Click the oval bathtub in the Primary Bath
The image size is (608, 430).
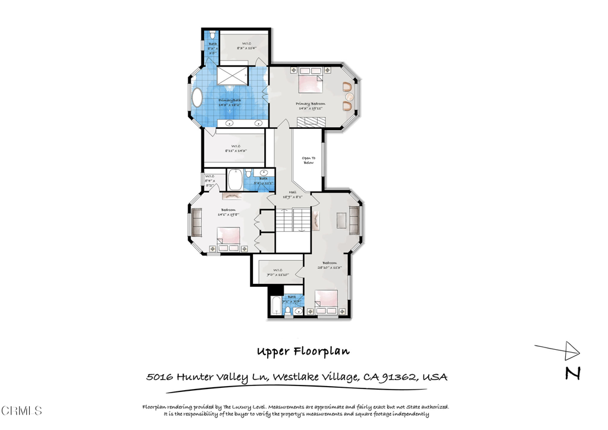[197, 99]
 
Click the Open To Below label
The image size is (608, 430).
[308, 160]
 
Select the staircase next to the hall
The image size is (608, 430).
[292, 220]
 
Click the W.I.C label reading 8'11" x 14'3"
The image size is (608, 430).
[236, 149]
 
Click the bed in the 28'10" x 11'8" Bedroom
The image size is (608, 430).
[325, 300]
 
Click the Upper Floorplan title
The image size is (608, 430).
[303, 351]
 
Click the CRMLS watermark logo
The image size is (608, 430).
[22, 410]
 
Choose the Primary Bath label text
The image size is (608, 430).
[230, 101]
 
